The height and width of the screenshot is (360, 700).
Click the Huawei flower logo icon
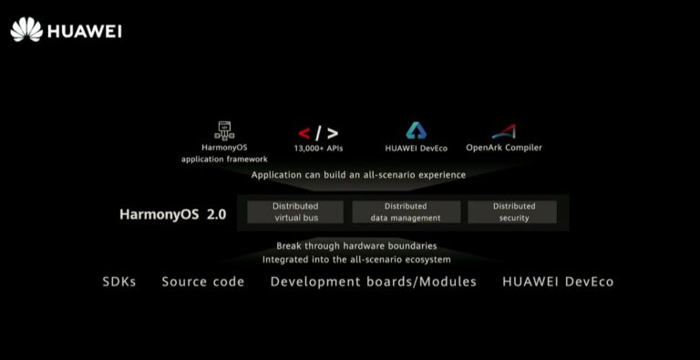point(26,29)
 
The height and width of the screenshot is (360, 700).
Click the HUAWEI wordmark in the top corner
point(84,30)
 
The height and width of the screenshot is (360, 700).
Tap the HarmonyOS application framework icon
point(225,130)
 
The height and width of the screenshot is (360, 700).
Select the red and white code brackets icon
point(317,133)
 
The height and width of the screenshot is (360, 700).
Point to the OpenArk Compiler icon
point(504,131)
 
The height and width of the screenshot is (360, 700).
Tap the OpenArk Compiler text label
point(504,148)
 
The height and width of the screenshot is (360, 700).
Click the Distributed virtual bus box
point(295,212)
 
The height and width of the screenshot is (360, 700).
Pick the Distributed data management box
point(406,212)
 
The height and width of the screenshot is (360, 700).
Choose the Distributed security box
point(513,212)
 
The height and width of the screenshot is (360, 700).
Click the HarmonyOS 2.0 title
point(172,216)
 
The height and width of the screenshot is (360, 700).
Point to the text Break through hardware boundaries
point(356,246)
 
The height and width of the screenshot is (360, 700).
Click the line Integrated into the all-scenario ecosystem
point(356,260)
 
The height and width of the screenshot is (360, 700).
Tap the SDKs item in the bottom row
point(119,282)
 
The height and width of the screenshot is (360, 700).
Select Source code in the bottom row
point(203,282)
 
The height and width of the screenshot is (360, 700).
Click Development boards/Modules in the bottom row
point(374,282)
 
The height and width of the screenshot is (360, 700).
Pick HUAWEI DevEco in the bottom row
point(558,282)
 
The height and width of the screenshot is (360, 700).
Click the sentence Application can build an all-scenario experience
point(358,175)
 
